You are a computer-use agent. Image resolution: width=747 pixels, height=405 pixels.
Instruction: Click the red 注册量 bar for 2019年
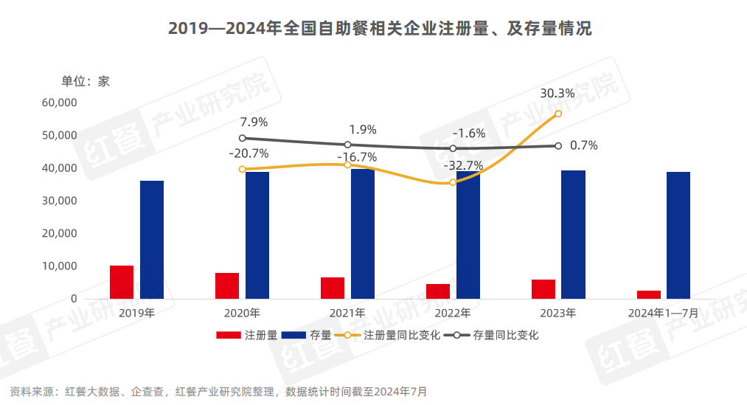pos(122,282)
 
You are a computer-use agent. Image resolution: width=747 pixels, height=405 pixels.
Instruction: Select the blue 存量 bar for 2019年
pos(152,240)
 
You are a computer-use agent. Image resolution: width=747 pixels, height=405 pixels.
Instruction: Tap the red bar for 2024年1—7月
pos(649,294)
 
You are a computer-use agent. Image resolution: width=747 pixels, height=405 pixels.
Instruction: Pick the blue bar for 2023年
pos(573,235)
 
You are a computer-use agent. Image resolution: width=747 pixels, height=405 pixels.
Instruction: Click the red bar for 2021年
pos(333,288)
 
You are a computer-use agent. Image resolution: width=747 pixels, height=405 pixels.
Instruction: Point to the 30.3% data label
pos(557,94)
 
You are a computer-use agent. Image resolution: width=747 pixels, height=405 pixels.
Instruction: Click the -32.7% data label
pos(463,166)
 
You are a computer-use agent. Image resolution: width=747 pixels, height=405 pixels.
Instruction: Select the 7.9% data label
pos(254,122)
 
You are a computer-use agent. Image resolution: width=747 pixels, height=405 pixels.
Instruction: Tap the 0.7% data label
pos(583,145)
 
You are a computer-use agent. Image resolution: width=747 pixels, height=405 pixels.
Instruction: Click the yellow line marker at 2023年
pos(558,114)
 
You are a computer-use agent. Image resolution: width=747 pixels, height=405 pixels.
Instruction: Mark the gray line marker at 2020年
pos(243,138)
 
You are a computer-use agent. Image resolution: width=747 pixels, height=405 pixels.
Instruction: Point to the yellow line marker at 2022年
pos(453,182)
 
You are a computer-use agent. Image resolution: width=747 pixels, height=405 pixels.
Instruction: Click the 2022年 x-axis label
pos(453,313)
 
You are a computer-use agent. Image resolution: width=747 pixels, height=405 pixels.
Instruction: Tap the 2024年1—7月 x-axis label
pos(663,313)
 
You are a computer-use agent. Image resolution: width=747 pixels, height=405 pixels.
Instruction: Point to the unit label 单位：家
pos(86,81)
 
